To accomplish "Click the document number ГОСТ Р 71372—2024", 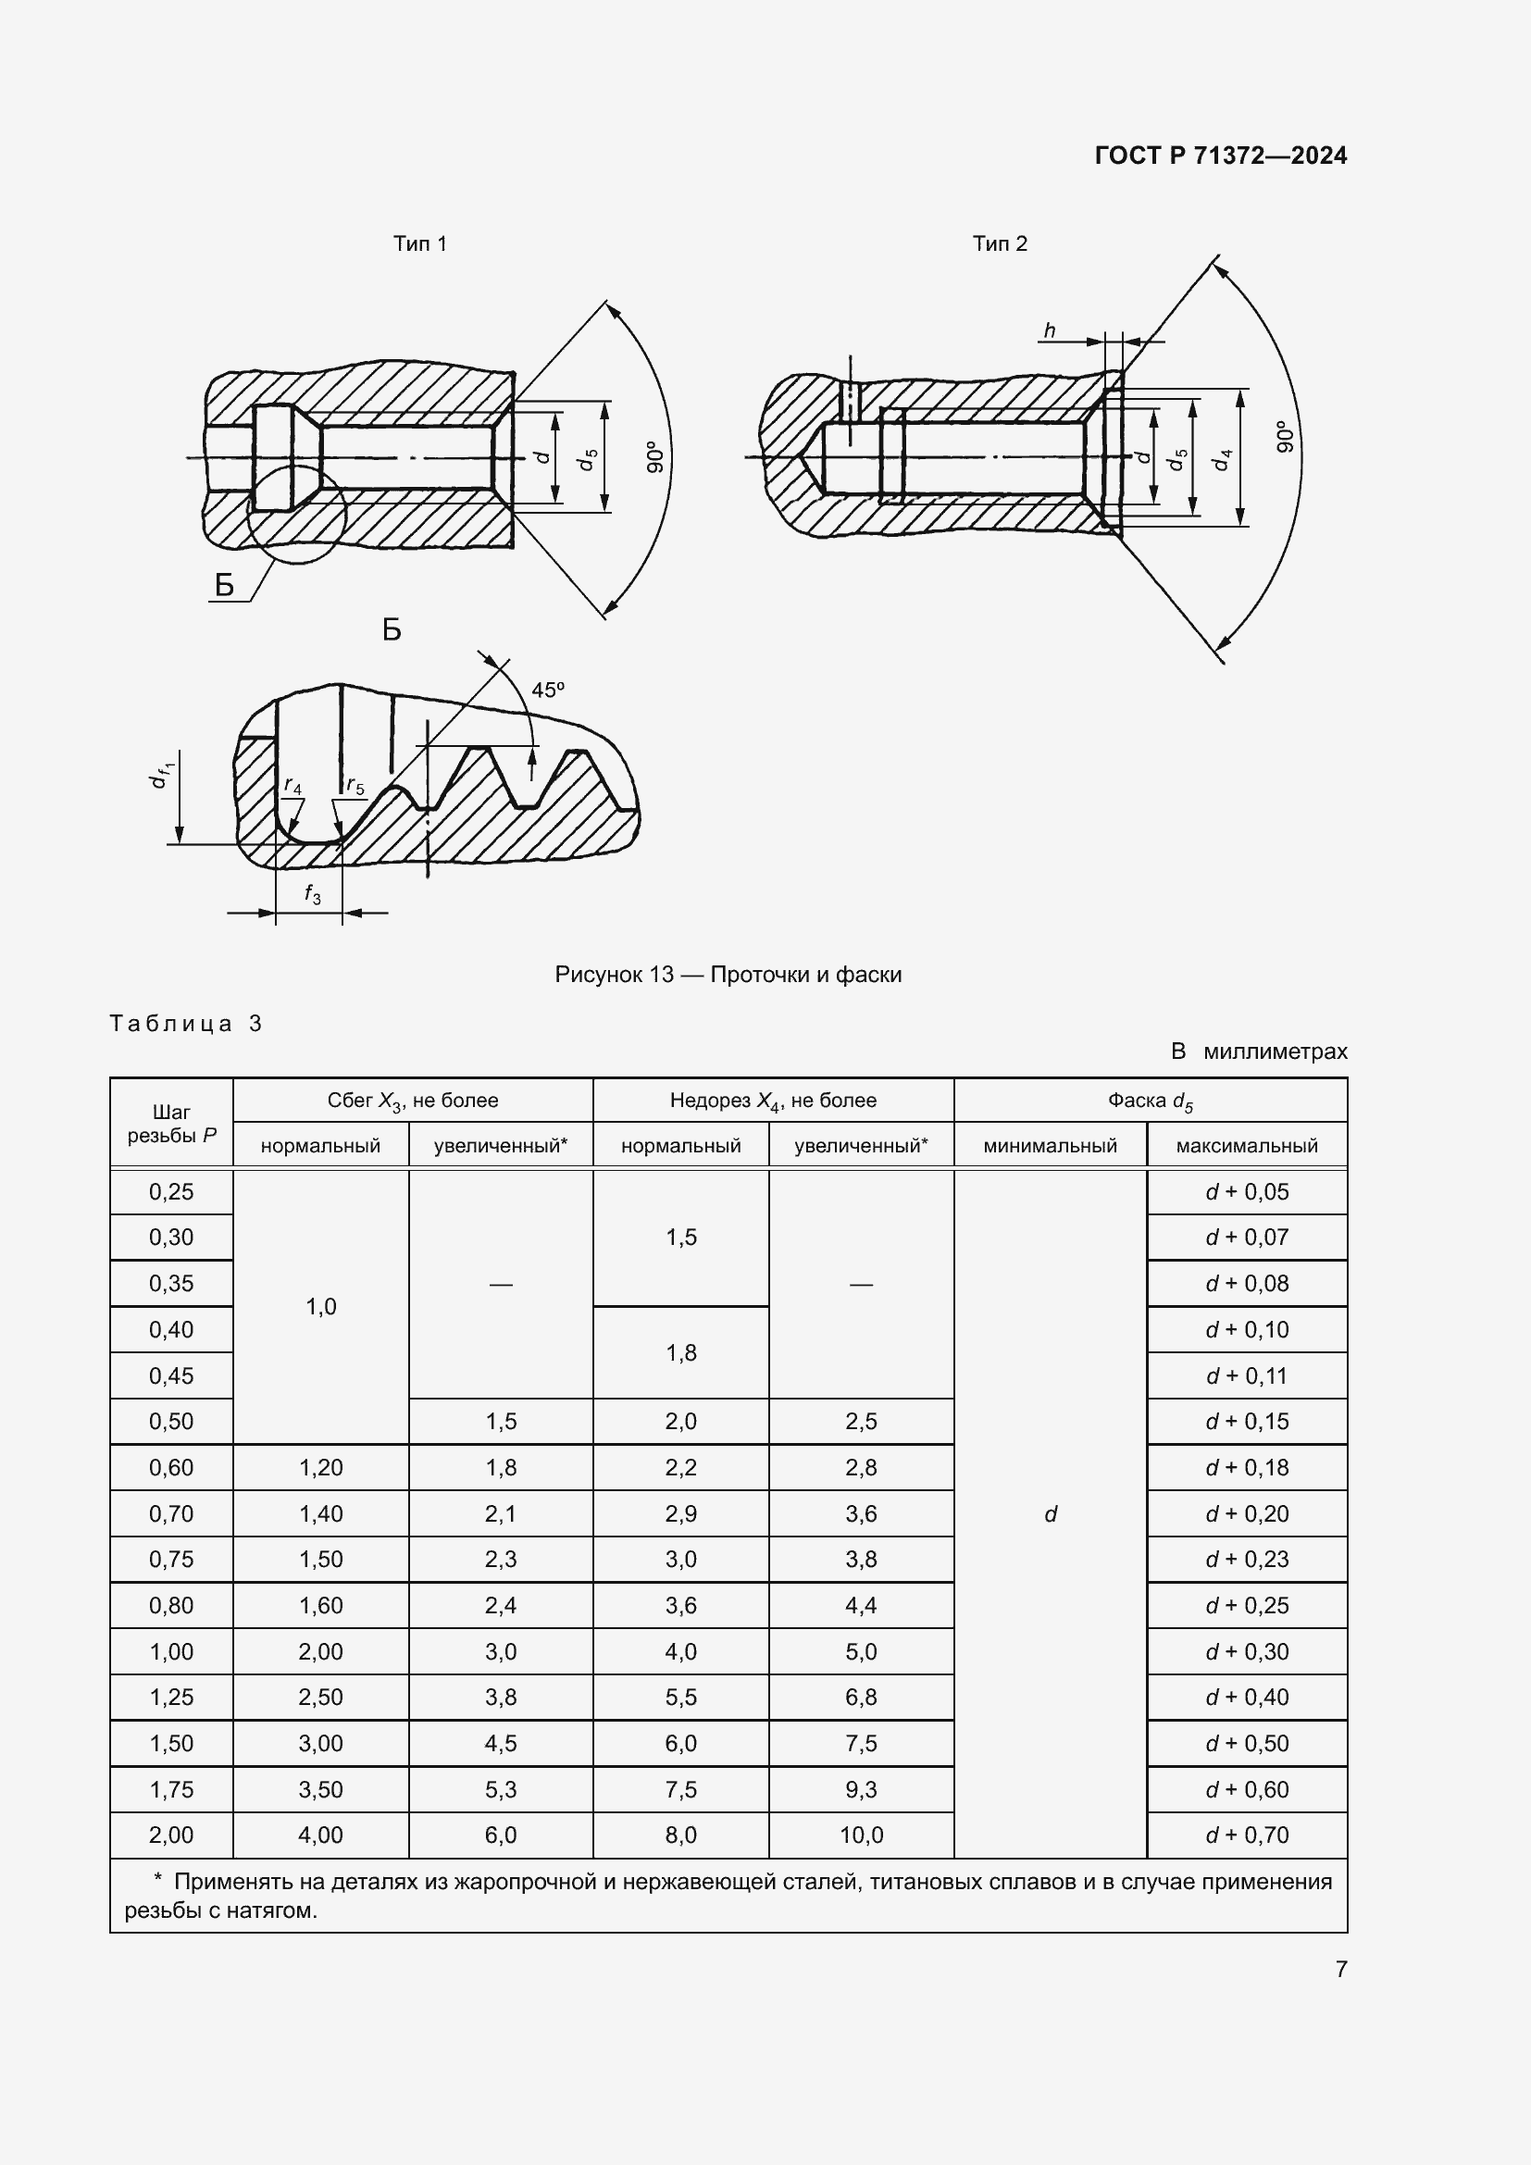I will pos(1220,156).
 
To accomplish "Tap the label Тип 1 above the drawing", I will pos(419,243).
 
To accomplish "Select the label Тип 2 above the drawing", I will pos(1000,243).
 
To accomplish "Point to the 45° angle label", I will pos(548,690).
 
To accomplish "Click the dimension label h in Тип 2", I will pos(1050,330).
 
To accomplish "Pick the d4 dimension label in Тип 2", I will pos(1223,460).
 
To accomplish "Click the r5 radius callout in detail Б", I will pos(355,785).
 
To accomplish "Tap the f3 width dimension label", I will pos(312,894).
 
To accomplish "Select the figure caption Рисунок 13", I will pos(728,974).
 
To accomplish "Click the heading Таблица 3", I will pos(186,1023).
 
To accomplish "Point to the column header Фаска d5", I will pos(1150,1101).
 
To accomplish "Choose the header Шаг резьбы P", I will pos(171,1123).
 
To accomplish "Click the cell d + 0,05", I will pos(1246,1192).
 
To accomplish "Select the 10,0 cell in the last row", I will pos(861,1835).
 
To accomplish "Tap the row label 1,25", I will pos(171,1697).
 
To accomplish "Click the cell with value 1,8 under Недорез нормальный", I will pos(680,1352).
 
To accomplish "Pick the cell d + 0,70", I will pos(1246,1835).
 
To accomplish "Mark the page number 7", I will pos(1340,1969).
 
